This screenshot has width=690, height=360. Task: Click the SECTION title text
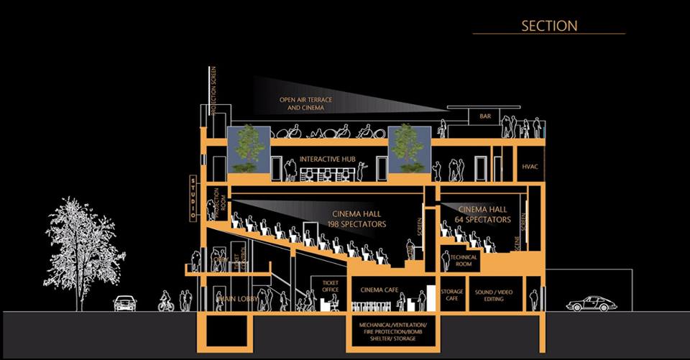pyautogui.click(x=548, y=25)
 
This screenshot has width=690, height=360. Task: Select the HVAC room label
pyautogui.click(x=530, y=167)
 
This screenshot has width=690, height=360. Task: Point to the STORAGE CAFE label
pyautogui.click(x=451, y=295)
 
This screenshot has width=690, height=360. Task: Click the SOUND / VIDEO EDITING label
pyautogui.click(x=494, y=295)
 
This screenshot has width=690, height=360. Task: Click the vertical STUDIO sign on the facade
pyautogui.click(x=193, y=198)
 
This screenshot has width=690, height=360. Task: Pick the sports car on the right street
pyautogui.click(x=591, y=304)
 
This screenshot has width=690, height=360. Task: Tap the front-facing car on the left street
pyautogui.click(x=125, y=303)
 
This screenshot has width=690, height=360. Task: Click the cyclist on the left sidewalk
pyautogui.click(x=166, y=303)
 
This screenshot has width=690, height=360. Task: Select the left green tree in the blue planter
pyautogui.click(x=249, y=149)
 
